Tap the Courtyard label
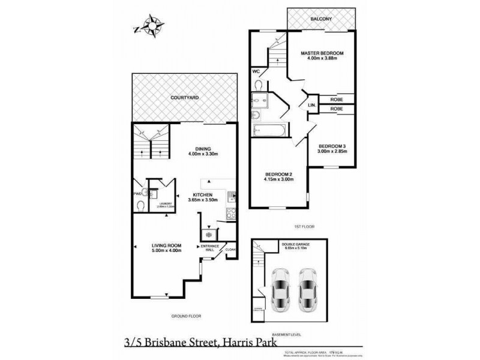pyautogui.click(x=185, y=97)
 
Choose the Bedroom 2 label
pyautogui.click(x=277, y=173)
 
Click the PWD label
pyautogui.click(x=137, y=194)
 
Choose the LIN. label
pyautogui.click(x=312, y=104)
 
